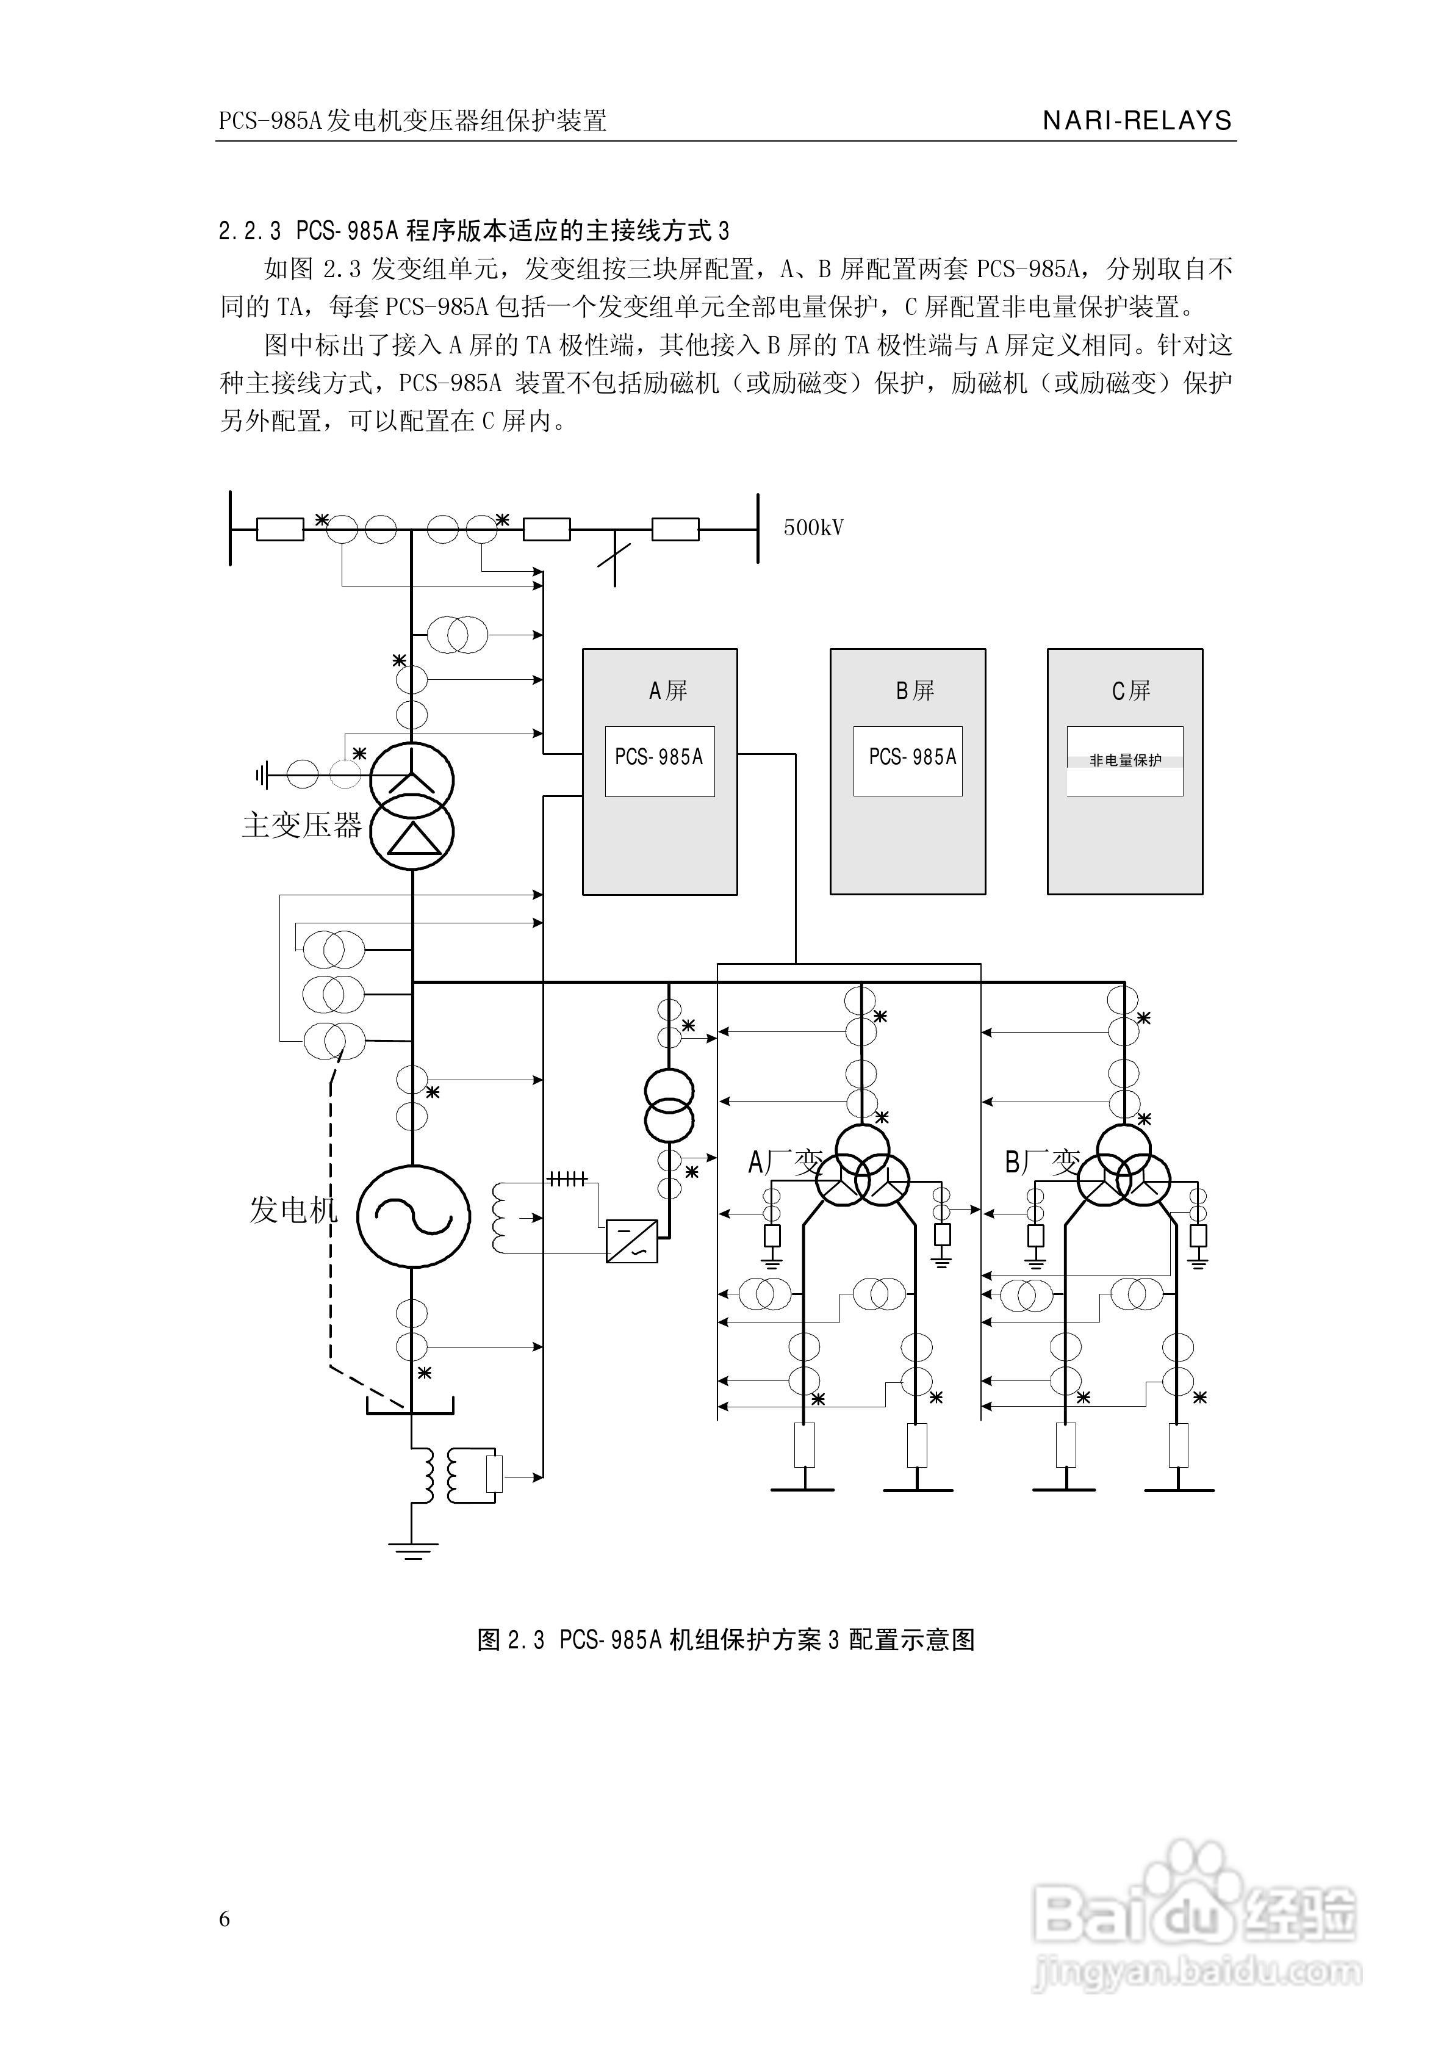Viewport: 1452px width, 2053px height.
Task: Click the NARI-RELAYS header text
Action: click(x=1137, y=121)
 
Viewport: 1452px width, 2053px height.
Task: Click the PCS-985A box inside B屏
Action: click(x=908, y=761)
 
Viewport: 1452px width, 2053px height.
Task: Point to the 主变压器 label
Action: click(x=301, y=824)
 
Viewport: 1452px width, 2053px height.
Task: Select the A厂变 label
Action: click(x=783, y=1163)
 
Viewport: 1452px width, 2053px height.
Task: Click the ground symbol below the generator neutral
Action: click(x=412, y=1550)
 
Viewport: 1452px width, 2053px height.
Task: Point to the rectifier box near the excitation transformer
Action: click(x=631, y=1241)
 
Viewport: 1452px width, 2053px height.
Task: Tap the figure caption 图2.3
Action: click(x=511, y=1640)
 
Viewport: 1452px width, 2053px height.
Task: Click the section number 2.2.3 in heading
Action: click(x=250, y=231)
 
